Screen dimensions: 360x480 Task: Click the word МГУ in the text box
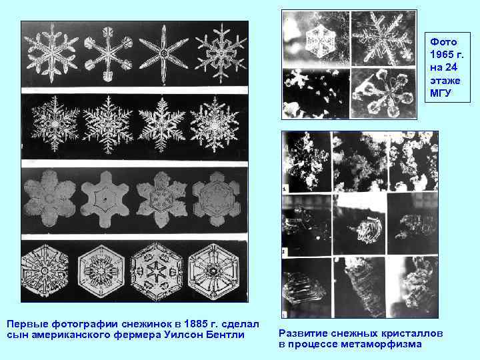tap(441, 92)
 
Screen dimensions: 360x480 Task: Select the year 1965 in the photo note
tap(441, 55)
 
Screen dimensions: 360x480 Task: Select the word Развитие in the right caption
tap(301, 333)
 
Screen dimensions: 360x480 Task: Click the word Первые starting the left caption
tap(26, 323)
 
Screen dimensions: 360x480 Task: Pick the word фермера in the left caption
tap(133, 333)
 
